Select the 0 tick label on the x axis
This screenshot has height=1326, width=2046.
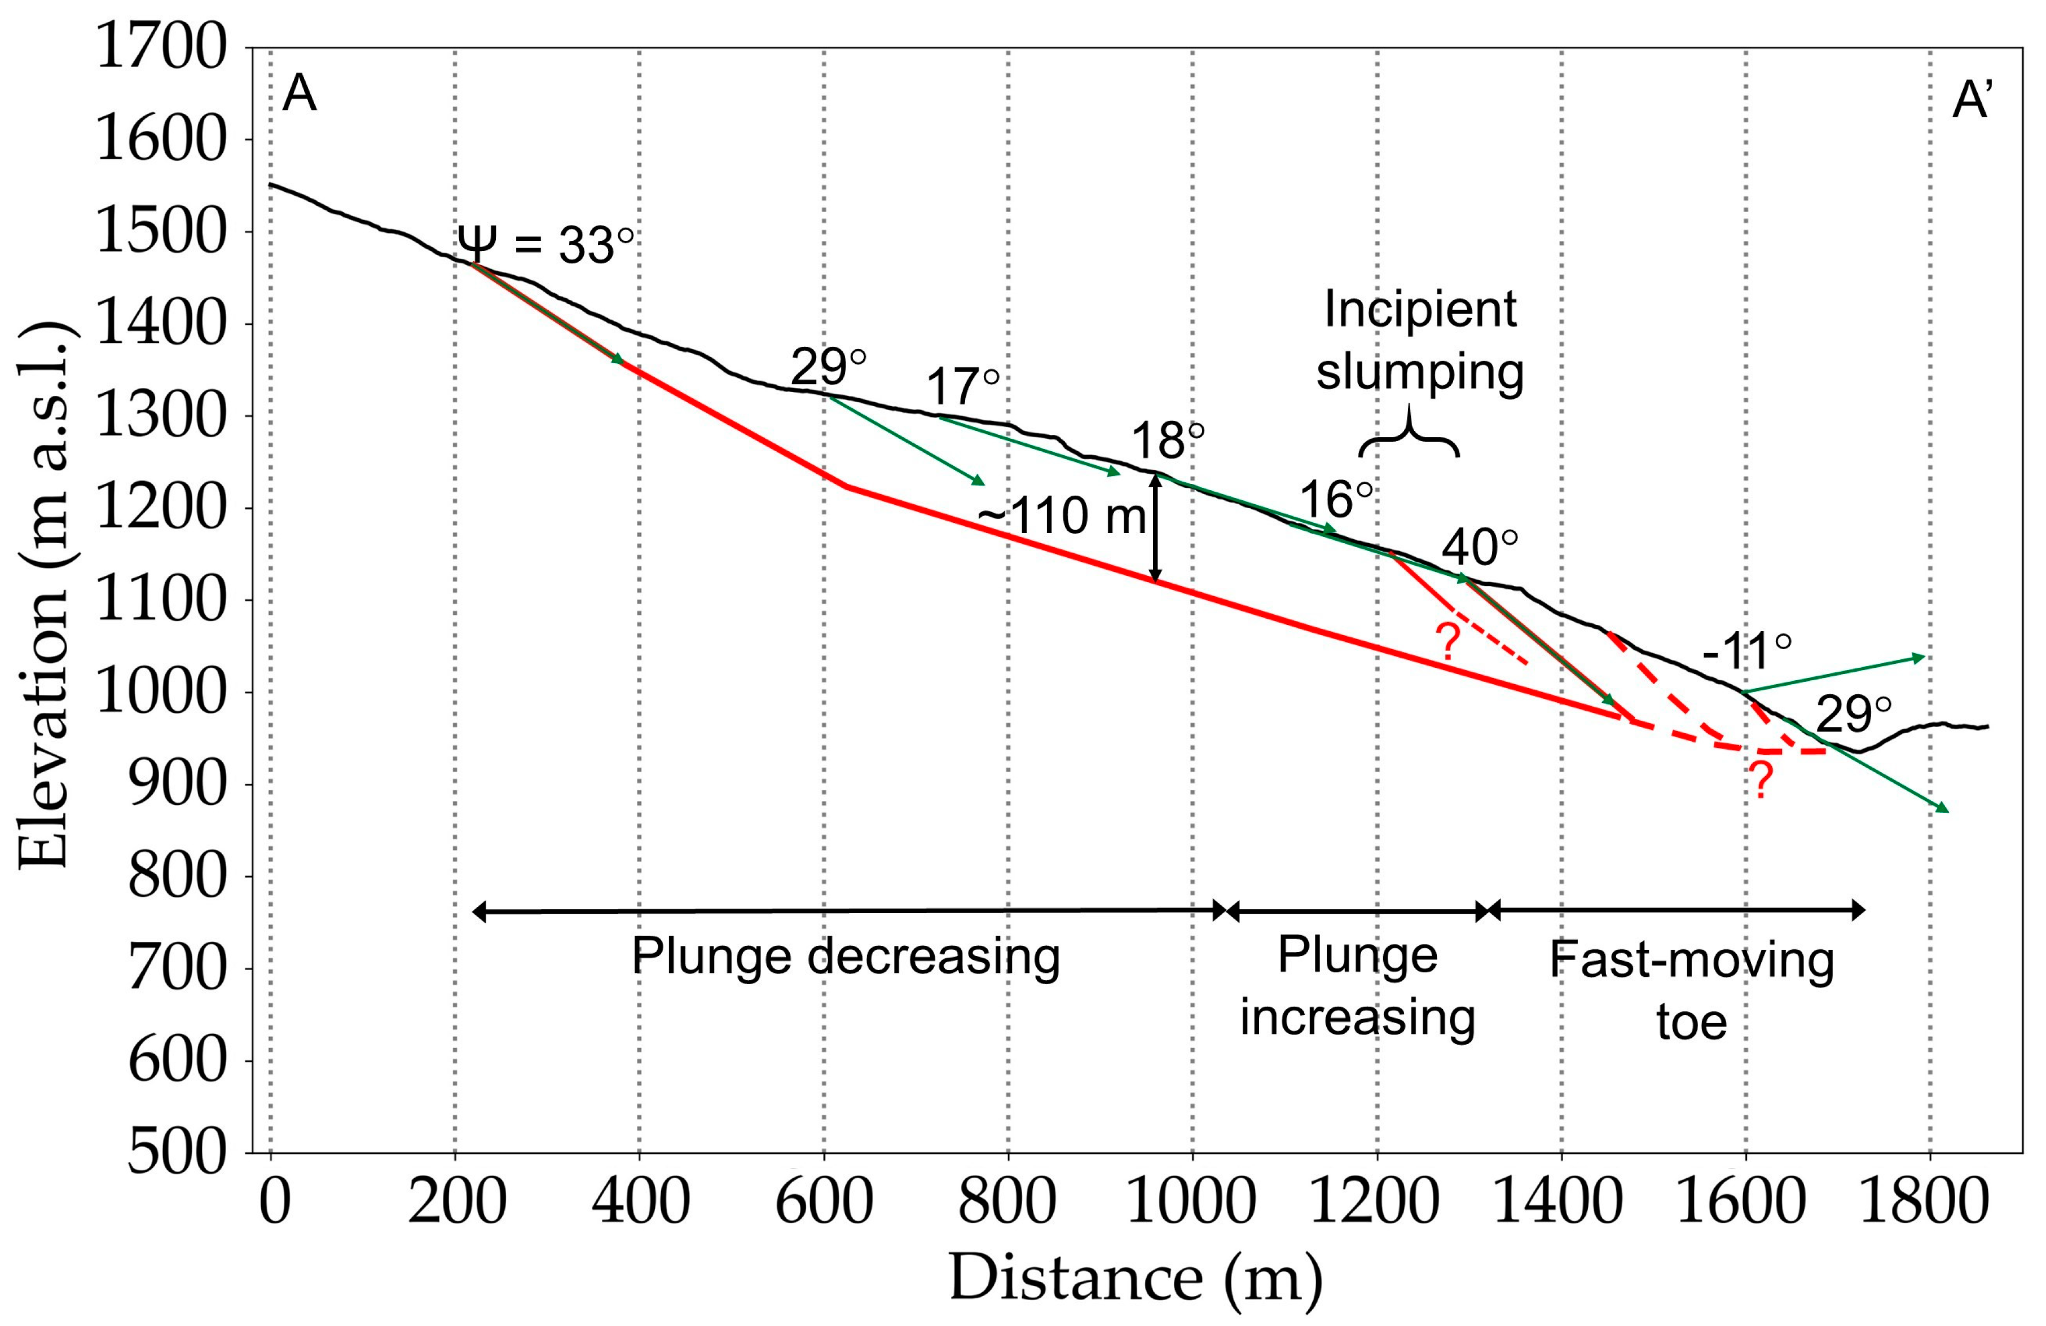(274, 1202)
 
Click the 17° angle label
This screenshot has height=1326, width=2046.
(963, 387)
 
